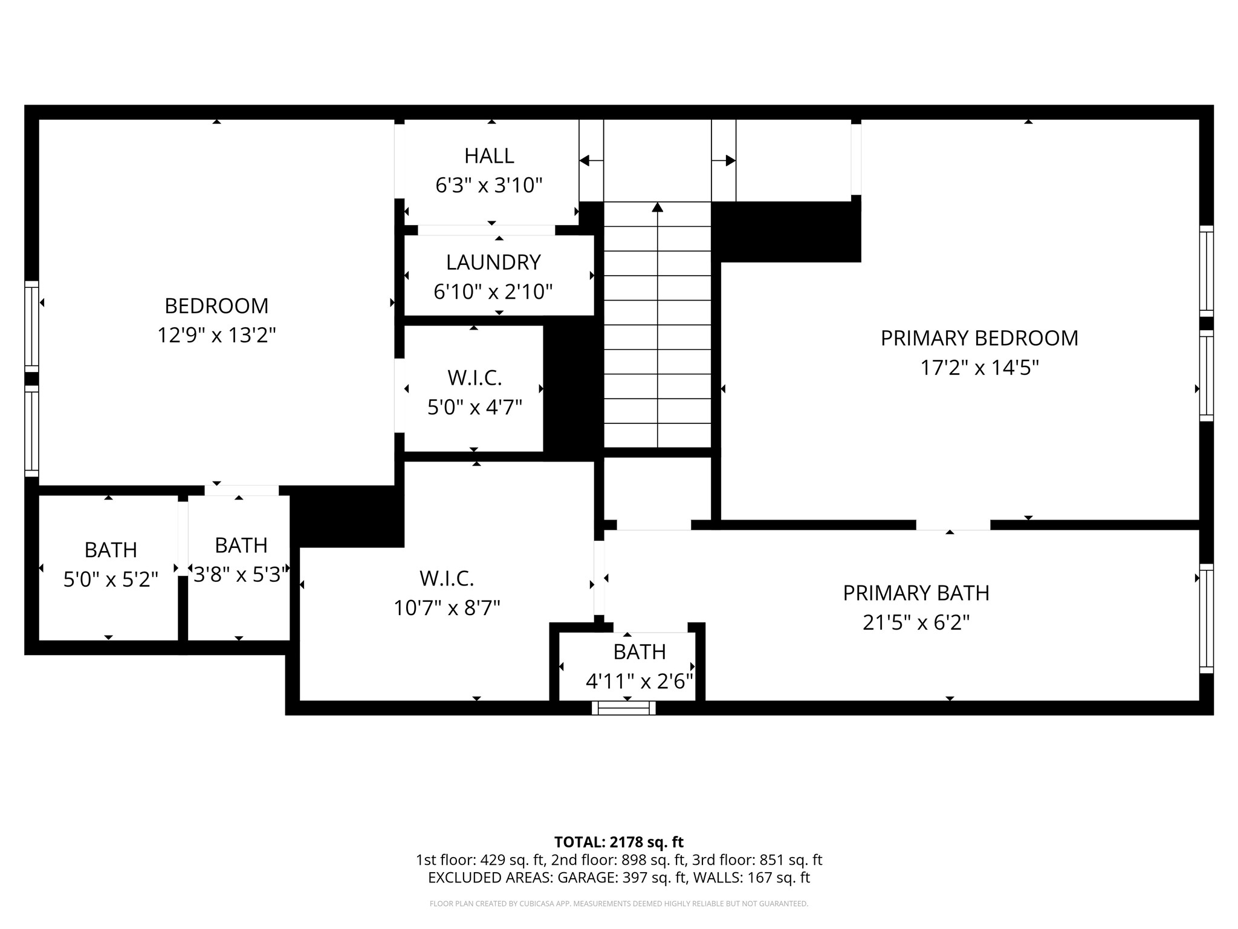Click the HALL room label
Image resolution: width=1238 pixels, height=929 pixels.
click(x=489, y=156)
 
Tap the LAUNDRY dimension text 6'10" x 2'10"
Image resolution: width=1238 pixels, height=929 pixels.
click(x=493, y=292)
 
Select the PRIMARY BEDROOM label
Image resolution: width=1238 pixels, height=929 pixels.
click(x=979, y=338)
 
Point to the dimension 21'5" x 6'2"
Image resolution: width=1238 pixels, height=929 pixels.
click(x=916, y=622)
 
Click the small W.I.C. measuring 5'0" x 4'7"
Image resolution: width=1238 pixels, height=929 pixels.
click(x=475, y=392)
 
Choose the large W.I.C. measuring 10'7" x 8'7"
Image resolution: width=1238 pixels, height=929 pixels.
click(x=447, y=593)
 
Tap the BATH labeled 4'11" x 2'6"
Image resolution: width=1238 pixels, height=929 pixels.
click(x=639, y=667)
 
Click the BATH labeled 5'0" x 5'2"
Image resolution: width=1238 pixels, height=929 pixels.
click(x=111, y=564)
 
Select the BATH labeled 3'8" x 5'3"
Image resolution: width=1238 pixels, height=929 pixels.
click(x=241, y=559)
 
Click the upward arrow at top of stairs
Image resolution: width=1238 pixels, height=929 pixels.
click(x=658, y=207)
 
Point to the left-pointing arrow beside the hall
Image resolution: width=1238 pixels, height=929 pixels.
click(x=585, y=160)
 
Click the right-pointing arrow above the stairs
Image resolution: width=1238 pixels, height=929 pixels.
click(x=730, y=160)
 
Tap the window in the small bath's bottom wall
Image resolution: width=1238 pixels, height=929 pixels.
click(x=623, y=708)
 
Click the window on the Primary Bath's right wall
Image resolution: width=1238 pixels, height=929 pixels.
click(x=1206, y=618)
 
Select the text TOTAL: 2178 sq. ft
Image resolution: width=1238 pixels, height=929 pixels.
click(x=618, y=842)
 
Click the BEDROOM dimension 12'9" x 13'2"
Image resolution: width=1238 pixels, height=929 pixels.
click(x=216, y=335)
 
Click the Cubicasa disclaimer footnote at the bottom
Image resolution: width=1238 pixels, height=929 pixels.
click(x=618, y=904)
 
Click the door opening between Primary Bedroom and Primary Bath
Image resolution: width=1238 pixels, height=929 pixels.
click(x=953, y=524)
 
